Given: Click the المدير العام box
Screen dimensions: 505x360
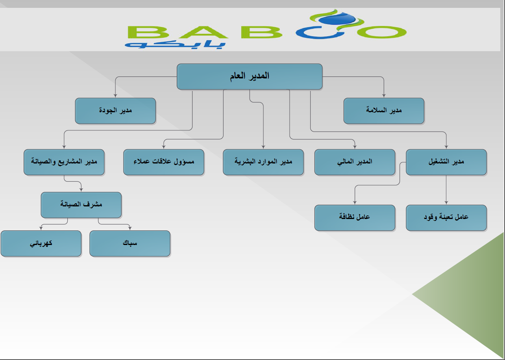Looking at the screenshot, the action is click(x=250, y=76).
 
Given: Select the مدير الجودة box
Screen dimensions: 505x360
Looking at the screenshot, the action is click(x=115, y=111).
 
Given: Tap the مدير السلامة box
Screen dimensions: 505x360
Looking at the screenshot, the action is click(x=384, y=111).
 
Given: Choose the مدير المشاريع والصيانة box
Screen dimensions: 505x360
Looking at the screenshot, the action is click(x=64, y=162).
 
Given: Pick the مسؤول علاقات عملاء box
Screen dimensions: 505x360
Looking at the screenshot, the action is click(x=164, y=162).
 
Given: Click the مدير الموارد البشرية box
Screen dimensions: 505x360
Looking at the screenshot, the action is click(x=263, y=162).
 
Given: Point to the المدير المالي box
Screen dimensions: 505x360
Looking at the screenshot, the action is click(x=355, y=162).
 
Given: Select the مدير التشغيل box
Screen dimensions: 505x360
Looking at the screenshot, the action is click(x=446, y=162).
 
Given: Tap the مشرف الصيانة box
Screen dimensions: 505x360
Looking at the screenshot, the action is click(x=81, y=205).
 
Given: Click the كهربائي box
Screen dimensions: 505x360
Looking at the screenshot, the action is click(x=41, y=243).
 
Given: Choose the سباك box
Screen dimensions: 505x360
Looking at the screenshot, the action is click(x=130, y=243).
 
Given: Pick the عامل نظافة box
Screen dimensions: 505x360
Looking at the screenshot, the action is click(x=355, y=218).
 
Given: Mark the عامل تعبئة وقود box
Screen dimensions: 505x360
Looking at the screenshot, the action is click(x=446, y=218).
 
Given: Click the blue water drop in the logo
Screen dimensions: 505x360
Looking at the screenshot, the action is click(x=337, y=19).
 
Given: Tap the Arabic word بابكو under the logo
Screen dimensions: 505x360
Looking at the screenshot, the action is click(x=175, y=44).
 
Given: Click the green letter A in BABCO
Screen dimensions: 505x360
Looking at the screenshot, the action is click(x=203, y=32).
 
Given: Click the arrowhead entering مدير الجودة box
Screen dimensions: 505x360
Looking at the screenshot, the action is click(x=115, y=96).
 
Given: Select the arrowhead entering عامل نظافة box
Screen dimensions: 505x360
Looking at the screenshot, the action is click(x=355, y=203).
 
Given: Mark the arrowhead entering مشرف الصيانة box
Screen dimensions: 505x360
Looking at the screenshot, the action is click(x=81, y=190).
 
